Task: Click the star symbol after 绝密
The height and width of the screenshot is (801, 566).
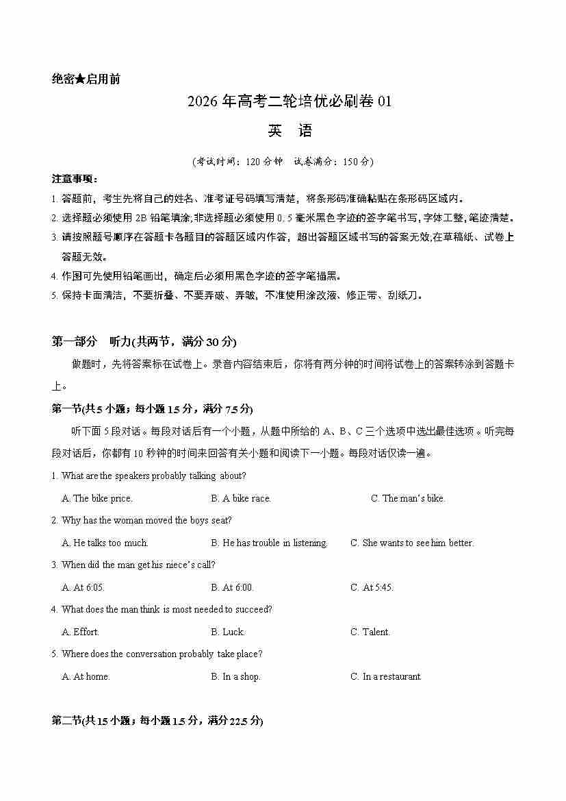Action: tap(80, 79)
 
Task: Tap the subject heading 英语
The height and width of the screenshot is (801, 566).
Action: tap(282, 131)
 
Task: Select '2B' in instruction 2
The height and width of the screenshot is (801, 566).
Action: tap(142, 219)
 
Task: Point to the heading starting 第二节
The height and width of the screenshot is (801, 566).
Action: tap(157, 721)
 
